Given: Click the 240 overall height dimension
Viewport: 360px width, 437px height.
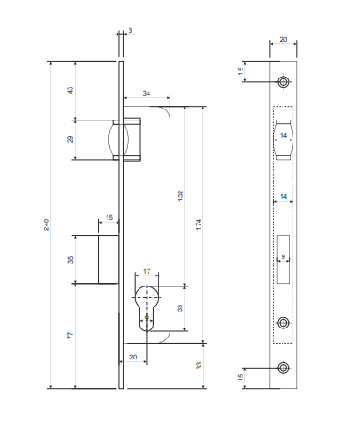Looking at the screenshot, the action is point(46,224).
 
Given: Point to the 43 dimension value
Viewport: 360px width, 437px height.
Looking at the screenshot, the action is point(70,90).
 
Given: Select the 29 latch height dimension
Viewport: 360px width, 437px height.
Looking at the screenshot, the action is point(70,140).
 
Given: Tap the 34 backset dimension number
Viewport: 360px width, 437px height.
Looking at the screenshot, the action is point(147,93).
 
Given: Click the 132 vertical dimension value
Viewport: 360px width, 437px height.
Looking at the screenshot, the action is point(180,195).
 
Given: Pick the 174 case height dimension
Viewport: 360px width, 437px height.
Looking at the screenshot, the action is point(199,224).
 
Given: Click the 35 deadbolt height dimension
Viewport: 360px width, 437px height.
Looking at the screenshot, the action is point(70,260).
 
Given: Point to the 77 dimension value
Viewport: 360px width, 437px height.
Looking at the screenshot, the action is point(70,336).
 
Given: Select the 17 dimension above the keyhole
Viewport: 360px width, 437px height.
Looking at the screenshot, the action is point(147,271).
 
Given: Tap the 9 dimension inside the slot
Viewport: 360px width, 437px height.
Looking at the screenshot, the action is point(283,256).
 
